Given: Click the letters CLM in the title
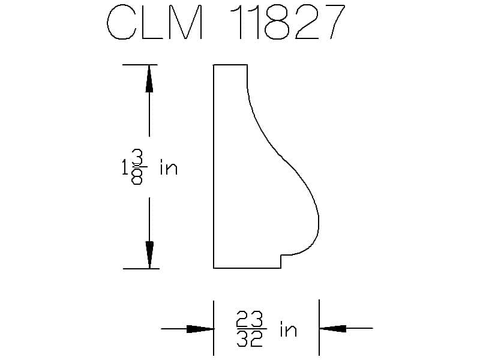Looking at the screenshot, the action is [155, 22].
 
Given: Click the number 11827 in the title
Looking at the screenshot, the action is [288, 22].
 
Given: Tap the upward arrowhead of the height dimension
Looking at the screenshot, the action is [149, 79].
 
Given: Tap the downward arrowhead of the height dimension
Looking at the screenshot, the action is [149, 254].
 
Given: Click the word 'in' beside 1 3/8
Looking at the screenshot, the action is [169, 168].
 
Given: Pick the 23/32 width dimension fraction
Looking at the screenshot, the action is [250, 328].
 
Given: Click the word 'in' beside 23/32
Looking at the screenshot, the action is [289, 329].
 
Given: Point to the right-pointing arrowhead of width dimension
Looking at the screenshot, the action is [200, 329].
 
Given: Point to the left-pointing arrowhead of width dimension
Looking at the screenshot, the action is [333, 328].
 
